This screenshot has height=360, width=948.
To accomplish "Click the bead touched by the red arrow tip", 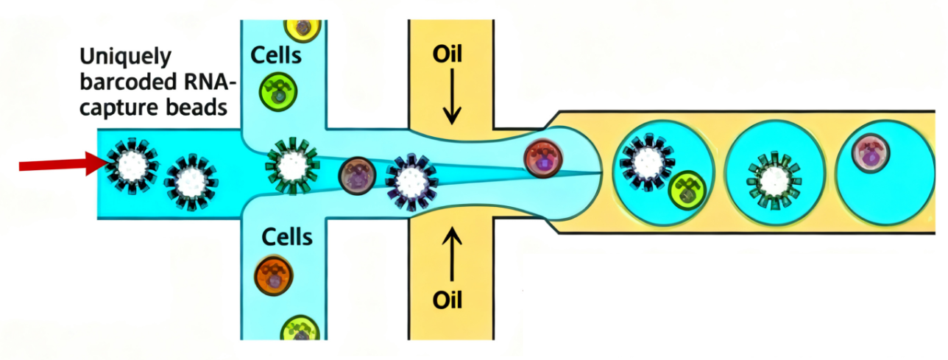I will pyautogui.click(x=132, y=163).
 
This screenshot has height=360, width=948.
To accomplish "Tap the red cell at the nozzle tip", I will pyautogui.click(x=543, y=158).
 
